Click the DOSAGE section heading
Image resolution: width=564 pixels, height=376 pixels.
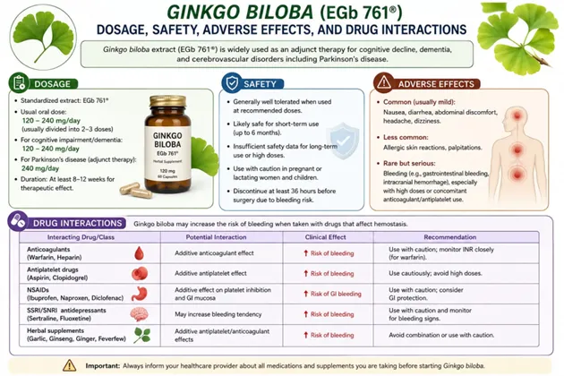click(52, 84)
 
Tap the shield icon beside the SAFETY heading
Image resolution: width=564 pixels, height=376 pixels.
click(232, 82)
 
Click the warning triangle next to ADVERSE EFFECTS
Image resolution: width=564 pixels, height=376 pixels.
click(384, 82)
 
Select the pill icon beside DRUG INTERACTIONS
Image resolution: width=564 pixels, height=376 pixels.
click(18, 221)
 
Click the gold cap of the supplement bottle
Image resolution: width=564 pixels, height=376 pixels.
click(168, 101)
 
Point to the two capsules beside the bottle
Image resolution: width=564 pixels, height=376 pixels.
click(136, 191)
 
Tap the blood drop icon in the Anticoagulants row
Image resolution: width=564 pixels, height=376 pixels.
click(139, 253)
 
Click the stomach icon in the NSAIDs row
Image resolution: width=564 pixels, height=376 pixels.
click(139, 294)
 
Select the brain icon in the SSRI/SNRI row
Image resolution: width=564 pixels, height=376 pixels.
click(139, 314)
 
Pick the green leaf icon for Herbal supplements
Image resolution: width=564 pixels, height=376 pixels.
click(142, 335)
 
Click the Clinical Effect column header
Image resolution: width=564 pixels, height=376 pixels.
click(326, 237)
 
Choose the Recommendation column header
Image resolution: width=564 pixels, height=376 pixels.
click(450, 237)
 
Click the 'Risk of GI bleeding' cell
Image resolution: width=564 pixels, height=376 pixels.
click(332, 294)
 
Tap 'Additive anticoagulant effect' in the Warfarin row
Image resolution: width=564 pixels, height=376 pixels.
click(214, 253)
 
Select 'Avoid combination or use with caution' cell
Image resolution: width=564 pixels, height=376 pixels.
click(441, 335)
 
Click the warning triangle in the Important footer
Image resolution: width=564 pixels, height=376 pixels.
click(70, 365)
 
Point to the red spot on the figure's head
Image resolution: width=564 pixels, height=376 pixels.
click(517, 115)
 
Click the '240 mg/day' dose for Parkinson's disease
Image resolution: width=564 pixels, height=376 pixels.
click(40, 168)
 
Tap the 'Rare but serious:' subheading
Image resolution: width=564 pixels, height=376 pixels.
click(409, 163)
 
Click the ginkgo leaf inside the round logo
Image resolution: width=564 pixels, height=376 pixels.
click(43, 36)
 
